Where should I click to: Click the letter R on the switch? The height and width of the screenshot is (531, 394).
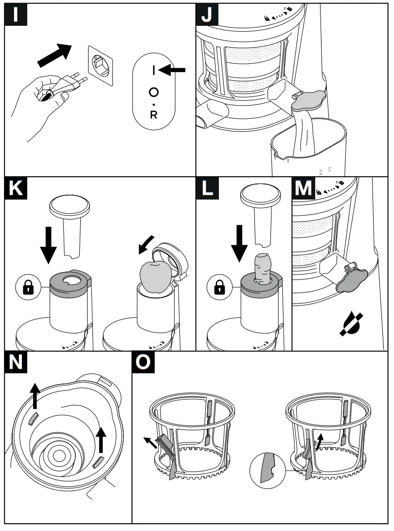click(154, 115)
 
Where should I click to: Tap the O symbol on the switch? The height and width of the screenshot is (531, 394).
click(154, 92)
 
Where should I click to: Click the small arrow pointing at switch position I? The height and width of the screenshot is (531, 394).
click(172, 71)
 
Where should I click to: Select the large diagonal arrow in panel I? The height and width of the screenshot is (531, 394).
click(54, 55)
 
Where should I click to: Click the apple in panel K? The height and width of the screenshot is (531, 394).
click(155, 275)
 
